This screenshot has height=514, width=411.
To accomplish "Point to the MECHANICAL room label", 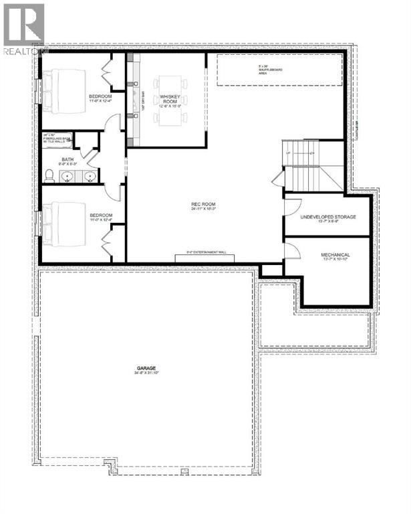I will (335, 256).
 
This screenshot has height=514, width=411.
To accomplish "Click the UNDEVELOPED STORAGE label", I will (327, 218).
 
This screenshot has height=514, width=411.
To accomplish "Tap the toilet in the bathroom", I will (50, 175).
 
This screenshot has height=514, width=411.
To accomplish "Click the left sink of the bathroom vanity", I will (69, 177).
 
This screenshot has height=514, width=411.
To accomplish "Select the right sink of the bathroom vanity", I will (89, 177).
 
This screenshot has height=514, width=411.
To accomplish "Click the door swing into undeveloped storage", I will (289, 205).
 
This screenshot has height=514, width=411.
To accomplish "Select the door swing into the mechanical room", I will (291, 250).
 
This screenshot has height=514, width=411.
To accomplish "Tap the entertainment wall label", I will (200, 253).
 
